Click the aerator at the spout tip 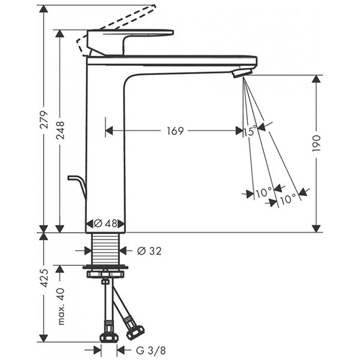pyautogui.click(x=240, y=73)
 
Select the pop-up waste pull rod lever pyautogui.click(x=77, y=183)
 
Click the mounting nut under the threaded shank pyautogui.click(x=106, y=274)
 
